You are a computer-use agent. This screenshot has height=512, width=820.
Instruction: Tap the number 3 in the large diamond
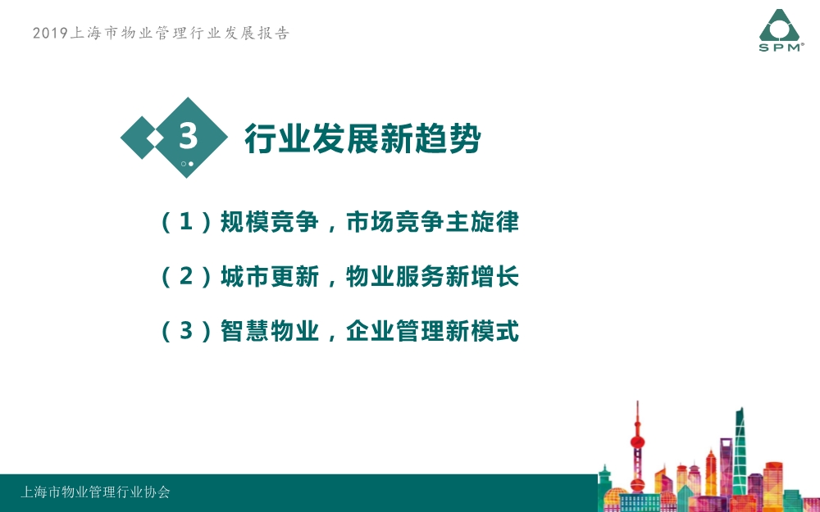click(x=189, y=136)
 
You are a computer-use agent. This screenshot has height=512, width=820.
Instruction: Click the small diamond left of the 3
click(x=141, y=138)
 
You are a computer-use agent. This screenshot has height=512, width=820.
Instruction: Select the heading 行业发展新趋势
click(x=362, y=138)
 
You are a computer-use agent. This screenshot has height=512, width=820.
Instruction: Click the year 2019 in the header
click(x=50, y=33)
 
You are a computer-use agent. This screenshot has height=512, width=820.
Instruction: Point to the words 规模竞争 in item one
click(x=269, y=221)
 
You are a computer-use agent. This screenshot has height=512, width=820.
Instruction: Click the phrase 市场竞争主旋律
click(x=432, y=221)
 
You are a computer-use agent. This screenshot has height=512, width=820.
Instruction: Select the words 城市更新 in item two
click(x=269, y=276)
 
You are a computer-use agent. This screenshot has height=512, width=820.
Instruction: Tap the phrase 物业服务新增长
click(x=432, y=276)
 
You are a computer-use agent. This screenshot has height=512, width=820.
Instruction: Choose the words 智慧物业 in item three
click(x=269, y=331)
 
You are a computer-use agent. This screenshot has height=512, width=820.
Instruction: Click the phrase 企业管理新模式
click(x=432, y=331)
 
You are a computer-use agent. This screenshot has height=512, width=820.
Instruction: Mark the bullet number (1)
click(x=186, y=221)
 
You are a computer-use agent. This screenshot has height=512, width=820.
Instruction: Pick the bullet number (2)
click(x=186, y=276)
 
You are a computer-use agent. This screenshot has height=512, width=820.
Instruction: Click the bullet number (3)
click(x=186, y=331)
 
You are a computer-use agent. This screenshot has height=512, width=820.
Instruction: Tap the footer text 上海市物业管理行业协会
click(x=95, y=492)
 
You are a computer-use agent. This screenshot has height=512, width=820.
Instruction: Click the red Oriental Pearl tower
click(x=637, y=449)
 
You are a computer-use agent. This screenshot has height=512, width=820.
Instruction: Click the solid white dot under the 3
click(x=191, y=164)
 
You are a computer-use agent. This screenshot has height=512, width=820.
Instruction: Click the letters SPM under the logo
click(x=779, y=48)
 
